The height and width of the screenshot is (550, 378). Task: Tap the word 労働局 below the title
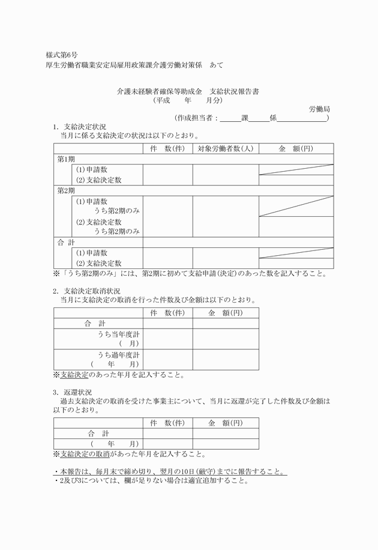pos(319,109)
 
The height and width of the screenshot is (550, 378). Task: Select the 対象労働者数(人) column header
pos(225,148)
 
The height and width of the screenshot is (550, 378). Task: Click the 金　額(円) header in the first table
pos(296,148)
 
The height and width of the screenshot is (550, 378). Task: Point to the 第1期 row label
pos(66,159)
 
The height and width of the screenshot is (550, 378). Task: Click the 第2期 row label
pos(66,190)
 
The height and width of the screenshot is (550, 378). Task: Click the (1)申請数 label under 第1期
pos(91,169)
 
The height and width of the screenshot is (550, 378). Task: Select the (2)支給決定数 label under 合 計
pos(98,263)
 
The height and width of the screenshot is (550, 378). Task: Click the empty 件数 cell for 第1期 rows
pos(167,174)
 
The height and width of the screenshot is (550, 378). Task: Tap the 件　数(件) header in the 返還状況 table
pos(167,423)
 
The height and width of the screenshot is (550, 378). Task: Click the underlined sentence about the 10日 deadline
pos(170,471)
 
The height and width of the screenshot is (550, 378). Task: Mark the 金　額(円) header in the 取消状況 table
pos(226,313)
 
